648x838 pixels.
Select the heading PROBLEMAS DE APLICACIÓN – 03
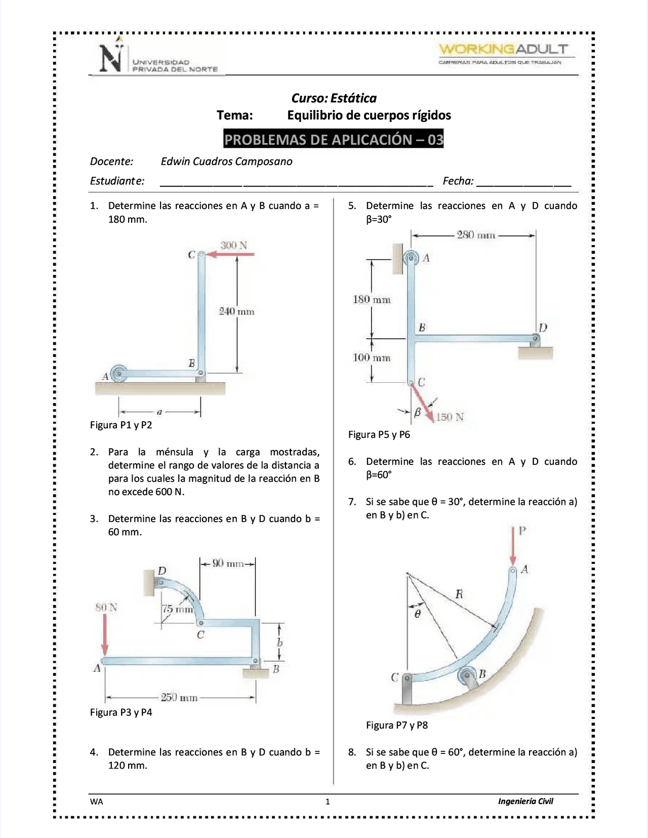334,139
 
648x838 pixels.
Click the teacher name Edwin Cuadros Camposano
226,162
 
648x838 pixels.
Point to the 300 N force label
233,246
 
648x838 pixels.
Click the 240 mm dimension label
236,311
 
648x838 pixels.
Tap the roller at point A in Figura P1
118,374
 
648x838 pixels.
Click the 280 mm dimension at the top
476,235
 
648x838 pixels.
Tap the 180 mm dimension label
372,300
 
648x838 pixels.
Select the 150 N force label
450,417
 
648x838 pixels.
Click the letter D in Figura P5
543,328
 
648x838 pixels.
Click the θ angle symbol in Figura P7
418,614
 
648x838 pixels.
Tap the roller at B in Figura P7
467,675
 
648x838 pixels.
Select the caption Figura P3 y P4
121,712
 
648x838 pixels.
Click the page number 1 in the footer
328,802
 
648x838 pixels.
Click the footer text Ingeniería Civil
525,801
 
